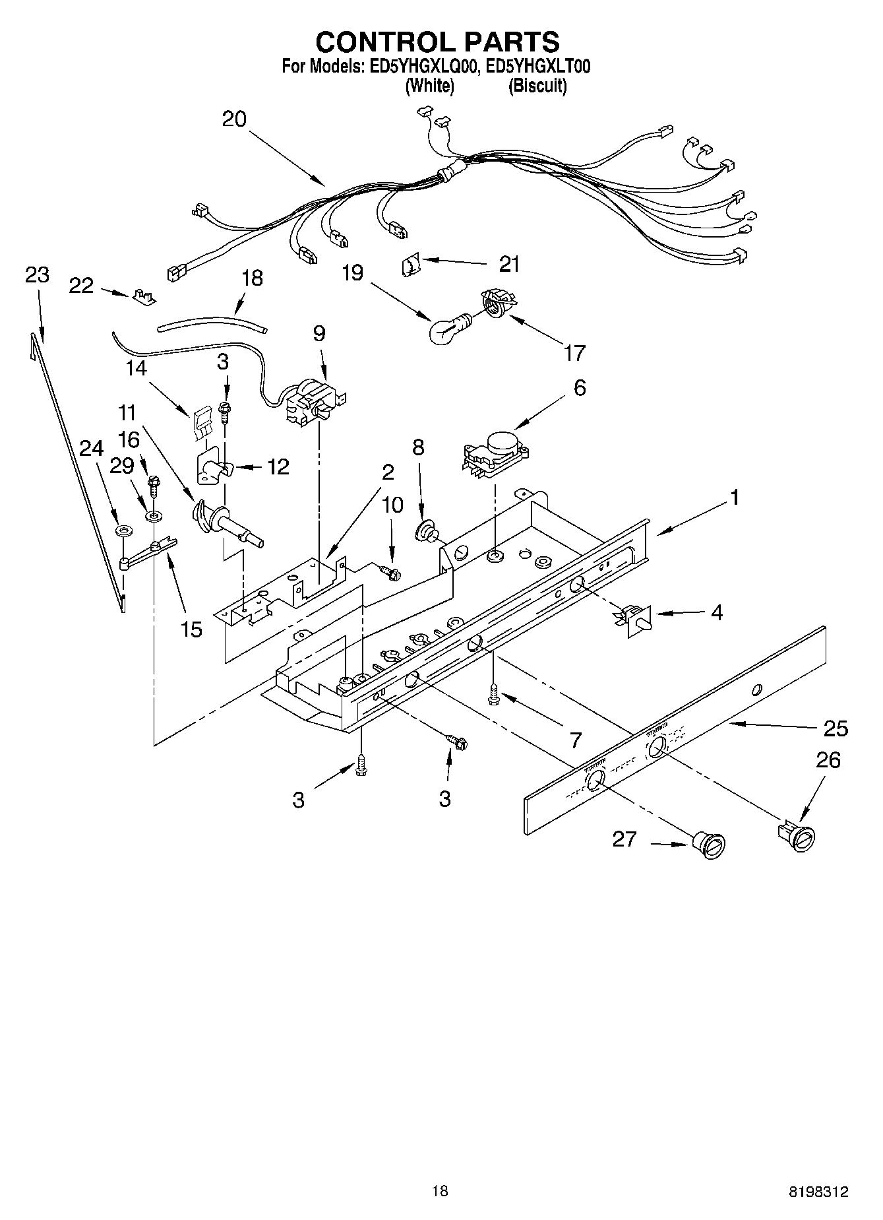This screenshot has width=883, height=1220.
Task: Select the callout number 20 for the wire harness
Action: [x=234, y=119]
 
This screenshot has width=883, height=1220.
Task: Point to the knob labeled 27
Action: [x=709, y=845]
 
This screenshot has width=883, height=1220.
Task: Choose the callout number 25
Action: [x=835, y=728]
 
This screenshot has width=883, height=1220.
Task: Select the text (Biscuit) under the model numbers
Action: [x=537, y=86]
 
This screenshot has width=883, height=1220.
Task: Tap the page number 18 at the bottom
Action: [x=440, y=1190]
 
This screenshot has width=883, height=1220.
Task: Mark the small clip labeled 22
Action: [x=144, y=296]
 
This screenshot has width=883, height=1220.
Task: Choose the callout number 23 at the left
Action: [x=37, y=275]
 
